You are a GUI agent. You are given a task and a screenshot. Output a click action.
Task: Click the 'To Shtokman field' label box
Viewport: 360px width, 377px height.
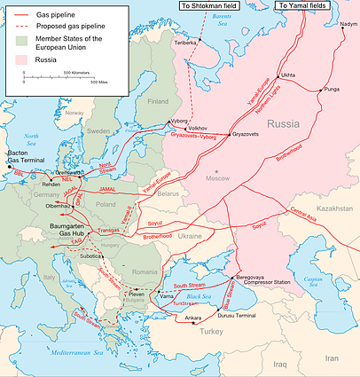[218, 5]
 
